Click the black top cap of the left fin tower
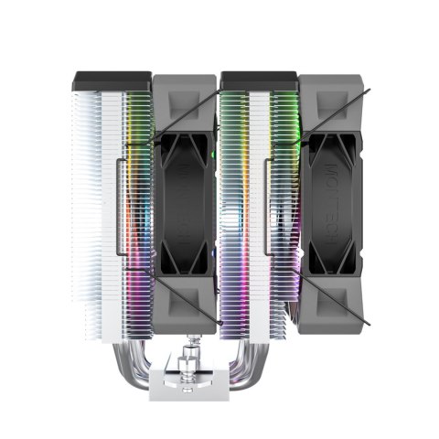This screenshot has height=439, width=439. pyautogui.click(x=109, y=83)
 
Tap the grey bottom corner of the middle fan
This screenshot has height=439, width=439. pyautogui.click(x=186, y=305)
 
